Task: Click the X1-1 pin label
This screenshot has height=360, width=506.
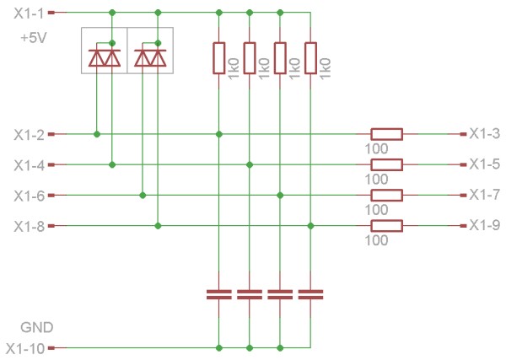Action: point(29,13)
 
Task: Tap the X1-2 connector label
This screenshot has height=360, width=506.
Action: point(29,134)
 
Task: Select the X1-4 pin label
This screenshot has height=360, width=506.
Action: point(29,164)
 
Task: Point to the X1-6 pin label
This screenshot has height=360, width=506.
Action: point(29,196)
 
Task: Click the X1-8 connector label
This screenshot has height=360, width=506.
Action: point(29,226)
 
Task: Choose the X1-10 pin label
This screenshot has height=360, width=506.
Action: point(25,347)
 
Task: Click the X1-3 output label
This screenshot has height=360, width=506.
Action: point(485,134)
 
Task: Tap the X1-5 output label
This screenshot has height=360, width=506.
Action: point(485,164)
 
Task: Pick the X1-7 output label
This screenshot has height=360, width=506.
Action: point(485,195)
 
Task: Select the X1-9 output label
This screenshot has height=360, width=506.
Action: point(485,225)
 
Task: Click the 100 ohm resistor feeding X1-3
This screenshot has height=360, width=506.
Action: point(386,134)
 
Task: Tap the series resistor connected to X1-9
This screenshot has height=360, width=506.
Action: point(386,225)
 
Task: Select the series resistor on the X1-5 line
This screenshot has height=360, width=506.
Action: point(386,164)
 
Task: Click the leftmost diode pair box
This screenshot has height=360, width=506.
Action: point(104,51)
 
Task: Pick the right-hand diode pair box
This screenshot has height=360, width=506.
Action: point(150,51)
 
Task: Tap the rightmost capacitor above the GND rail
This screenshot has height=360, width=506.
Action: point(310,294)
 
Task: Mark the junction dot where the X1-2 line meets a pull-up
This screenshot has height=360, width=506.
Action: point(219,134)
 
